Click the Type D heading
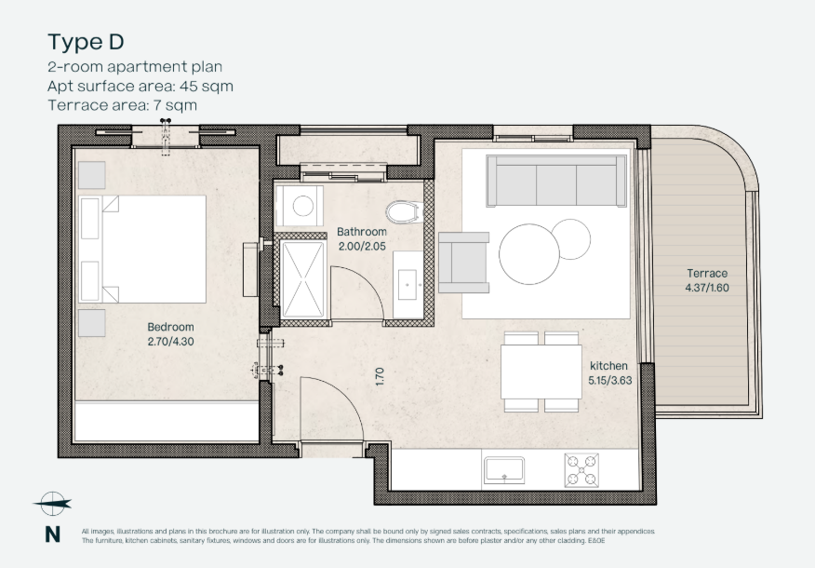coord(86,42)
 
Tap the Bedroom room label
coord(170,327)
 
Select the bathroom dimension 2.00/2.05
coord(362,246)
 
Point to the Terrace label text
coord(707,273)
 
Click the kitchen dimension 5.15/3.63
coord(610,380)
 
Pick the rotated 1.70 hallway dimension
coord(380,376)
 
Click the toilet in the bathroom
coord(403,212)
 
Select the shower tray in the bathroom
coord(302,279)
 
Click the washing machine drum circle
coord(303,206)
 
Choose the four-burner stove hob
coord(581,471)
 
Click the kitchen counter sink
coord(504,470)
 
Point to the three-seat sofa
coord(556,181)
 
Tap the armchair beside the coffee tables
coord(463,263)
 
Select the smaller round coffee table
coord(570,239)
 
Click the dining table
coord(541,372)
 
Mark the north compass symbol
coord(52,504)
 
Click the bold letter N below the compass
coord(52,534)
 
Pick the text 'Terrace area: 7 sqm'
coord(123,105)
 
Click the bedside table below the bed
coord(92,323)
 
